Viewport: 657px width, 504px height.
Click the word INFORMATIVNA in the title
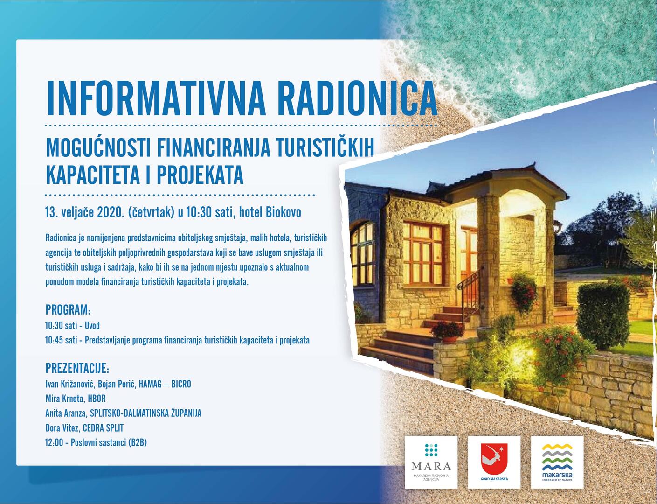point(156,98)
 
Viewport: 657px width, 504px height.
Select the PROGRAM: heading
point(68,309)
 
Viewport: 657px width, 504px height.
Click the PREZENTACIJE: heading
point(77,369)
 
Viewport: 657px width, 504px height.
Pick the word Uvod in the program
point(92,326)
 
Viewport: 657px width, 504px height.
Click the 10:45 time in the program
point(53,340)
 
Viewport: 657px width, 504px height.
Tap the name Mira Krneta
point(65,399)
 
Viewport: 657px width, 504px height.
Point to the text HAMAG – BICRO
point(165,384)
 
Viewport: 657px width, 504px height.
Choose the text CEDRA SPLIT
point(103,428)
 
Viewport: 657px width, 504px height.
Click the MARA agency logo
point(431,462)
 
